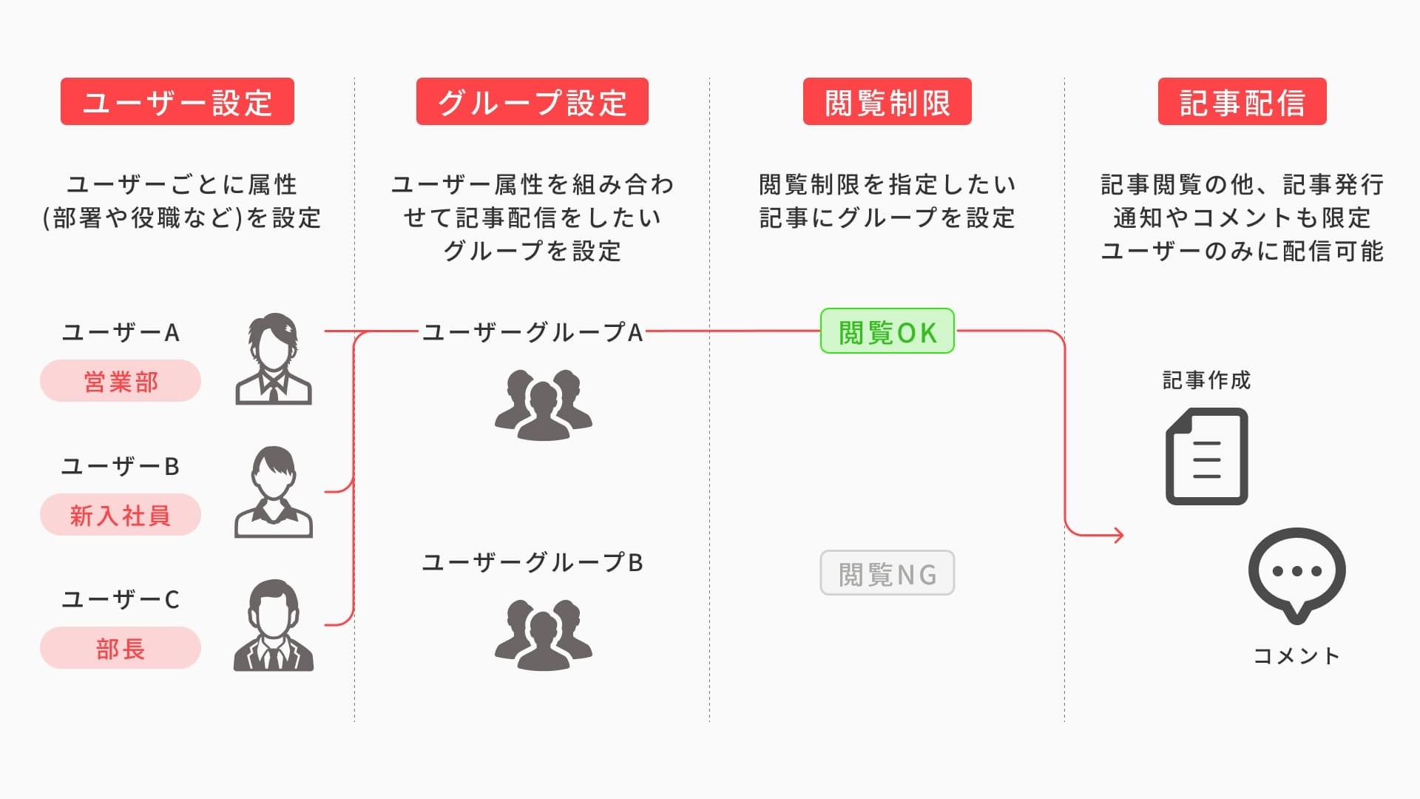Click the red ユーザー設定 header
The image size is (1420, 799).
tap(177, 101)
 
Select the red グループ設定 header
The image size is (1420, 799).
tap(532, 101)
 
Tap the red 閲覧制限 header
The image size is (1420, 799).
tap(887, 101)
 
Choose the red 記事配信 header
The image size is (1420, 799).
tap(1242, 101)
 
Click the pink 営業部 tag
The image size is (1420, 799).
tap(121, 381)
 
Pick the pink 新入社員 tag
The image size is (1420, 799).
tap(121, 515)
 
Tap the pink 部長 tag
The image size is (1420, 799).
tap(121, 648)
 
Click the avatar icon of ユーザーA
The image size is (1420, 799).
tap(274, 360)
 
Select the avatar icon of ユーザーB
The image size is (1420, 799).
tap(274, 492)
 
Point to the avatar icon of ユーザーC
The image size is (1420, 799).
tap(274, 626)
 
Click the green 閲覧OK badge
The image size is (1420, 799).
tap(887, 331)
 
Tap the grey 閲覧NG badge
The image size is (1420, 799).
tap(887, 573)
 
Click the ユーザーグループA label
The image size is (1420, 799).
tap(532, 332)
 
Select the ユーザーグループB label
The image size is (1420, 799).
tap(532, 562)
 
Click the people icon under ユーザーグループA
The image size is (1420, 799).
tap(544, 405)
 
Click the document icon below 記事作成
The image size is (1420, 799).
tap(1206, 456)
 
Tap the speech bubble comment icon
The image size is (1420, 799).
tap(1296, 574)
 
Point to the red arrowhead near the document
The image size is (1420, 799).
tap(1118, 534)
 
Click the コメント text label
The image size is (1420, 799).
tap(1296, 655)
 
